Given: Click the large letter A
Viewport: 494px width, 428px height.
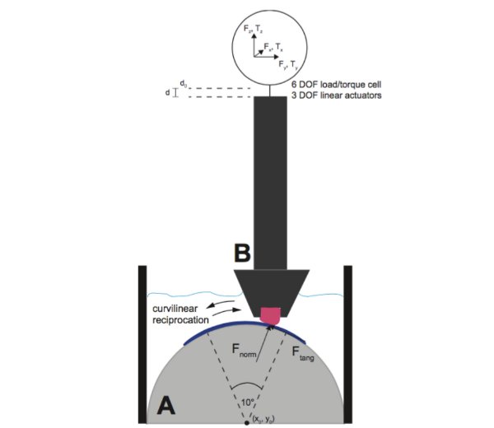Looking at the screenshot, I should coord(165,405).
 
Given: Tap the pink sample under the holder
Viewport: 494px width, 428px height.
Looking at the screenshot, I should coord(269,314).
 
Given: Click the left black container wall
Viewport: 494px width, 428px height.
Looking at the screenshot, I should coord(142,346).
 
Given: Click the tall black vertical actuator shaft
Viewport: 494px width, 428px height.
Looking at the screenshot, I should coord(269,181).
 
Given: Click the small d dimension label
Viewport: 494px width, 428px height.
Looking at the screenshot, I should coord(167,93).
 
